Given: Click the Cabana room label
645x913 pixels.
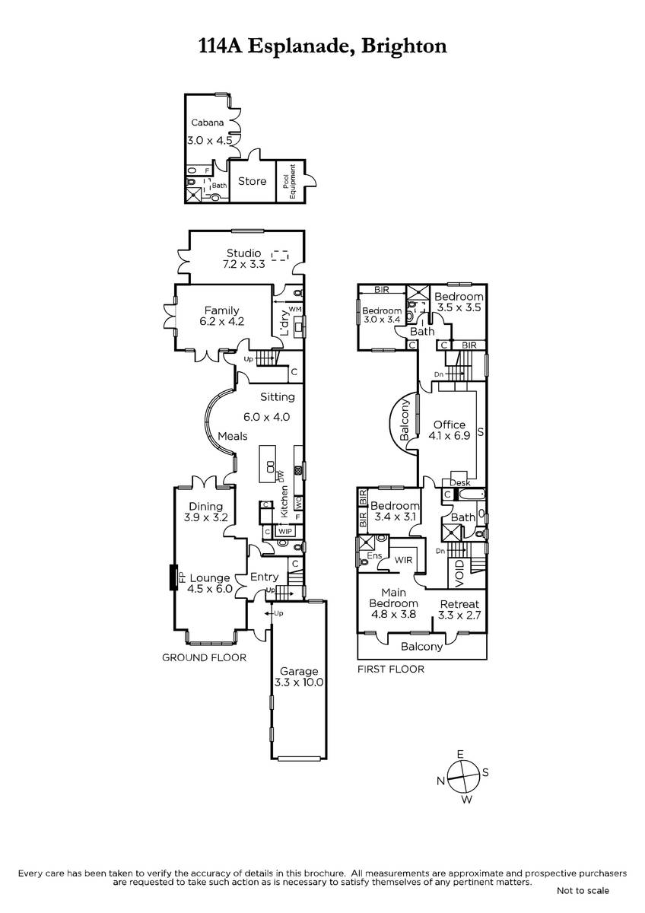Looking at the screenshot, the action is click(x=208, y=122).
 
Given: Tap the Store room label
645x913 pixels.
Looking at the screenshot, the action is click(x=253, y=181).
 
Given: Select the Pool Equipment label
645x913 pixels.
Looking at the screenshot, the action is click(x=288, y=181).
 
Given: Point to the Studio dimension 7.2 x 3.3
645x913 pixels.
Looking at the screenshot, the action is click(x=243, y=264).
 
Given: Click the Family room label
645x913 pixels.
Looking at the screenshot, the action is click(x=221, y=310).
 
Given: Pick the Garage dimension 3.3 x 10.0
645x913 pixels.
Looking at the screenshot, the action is click(x=299, y=682).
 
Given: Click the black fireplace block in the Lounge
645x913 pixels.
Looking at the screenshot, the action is click(x=173, y=577).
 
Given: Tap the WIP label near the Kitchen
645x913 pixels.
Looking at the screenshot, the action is click(x=284, y=532).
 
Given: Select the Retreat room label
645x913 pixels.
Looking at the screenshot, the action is click(x=459, y=604).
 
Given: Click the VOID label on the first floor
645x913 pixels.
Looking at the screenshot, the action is click(x=459, y=574).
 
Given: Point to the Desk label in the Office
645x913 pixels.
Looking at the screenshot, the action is click(x=460, y=482).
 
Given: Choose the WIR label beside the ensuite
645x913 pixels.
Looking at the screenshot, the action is click(x=403, y=560).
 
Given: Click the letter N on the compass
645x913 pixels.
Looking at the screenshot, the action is click(x=440, y=781).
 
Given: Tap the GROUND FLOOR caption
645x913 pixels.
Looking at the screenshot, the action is click(x=204, y=657).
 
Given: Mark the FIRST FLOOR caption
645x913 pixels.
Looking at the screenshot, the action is click(x=391, y=669).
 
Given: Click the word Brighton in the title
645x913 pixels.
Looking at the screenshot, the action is click(x=404, y=46).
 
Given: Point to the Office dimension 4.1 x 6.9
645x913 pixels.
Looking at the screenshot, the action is click(x=450, y=436).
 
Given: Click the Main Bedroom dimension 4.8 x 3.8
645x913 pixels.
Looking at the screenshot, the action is click(x=393, y=614).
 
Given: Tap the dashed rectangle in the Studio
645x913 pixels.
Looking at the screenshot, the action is click(x=280, y=256).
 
